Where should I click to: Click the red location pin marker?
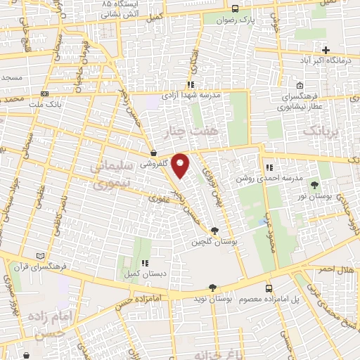pyautogui.click(x=181, y=165)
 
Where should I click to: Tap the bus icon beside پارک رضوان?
pyautogui.click(x=235, y=9)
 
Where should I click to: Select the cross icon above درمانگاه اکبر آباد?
pyautogui.click(x=326, y=50)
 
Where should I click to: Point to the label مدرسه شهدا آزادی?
pyautogui.click(x=192, y=93)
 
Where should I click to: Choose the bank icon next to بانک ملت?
pyautogui.click(x=45, y=93)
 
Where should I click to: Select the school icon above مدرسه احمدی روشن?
pyautogui.click(x=269, y=167)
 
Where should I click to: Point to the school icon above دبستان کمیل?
pyautogui.click(x=146, y=262)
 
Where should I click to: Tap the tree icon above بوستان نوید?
pyautogui.click(x=212, y=288)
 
